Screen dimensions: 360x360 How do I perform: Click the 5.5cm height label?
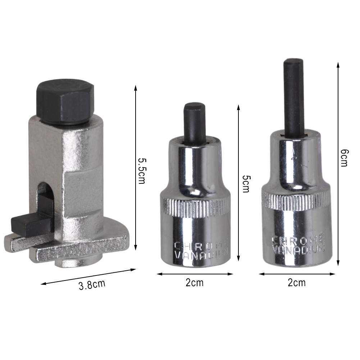coord(142,171)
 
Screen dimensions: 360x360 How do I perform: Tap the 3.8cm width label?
coord(92,285)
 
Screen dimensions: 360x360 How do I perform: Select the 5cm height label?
coord(246,184)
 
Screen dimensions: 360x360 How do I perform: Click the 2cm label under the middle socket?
coord(195,283)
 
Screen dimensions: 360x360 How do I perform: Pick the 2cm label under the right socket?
coord(297,283)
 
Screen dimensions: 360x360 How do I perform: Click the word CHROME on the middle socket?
coord(201,245)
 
